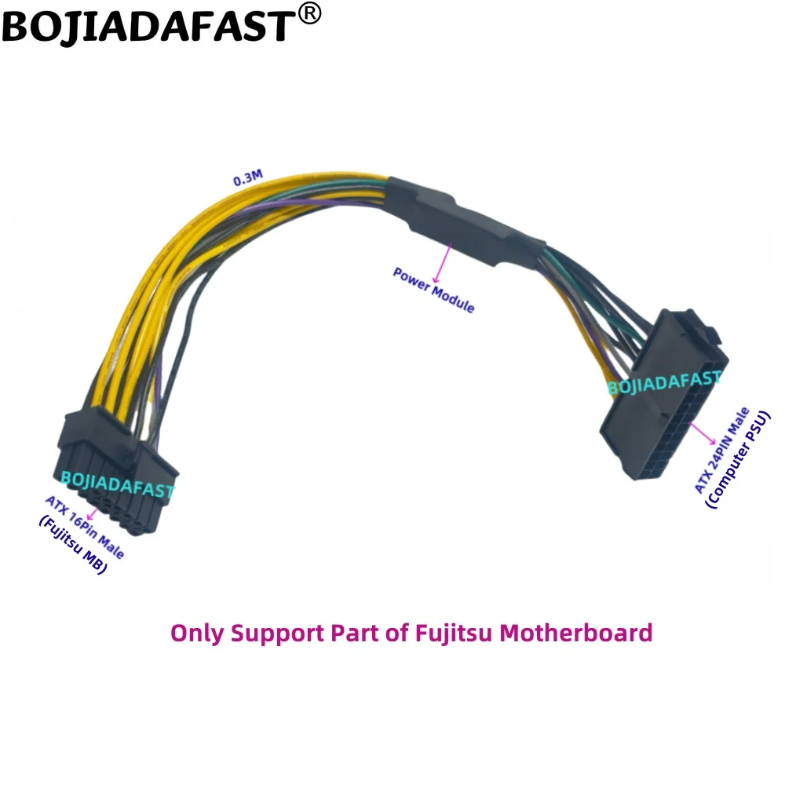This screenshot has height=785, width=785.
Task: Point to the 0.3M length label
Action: tap(249, 178)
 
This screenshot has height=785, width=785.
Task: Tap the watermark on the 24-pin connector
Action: tap(664, 382)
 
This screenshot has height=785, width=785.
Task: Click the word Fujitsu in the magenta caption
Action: tap(447, 632)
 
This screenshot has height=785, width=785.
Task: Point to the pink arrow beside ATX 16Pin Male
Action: tap(93, 513)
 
